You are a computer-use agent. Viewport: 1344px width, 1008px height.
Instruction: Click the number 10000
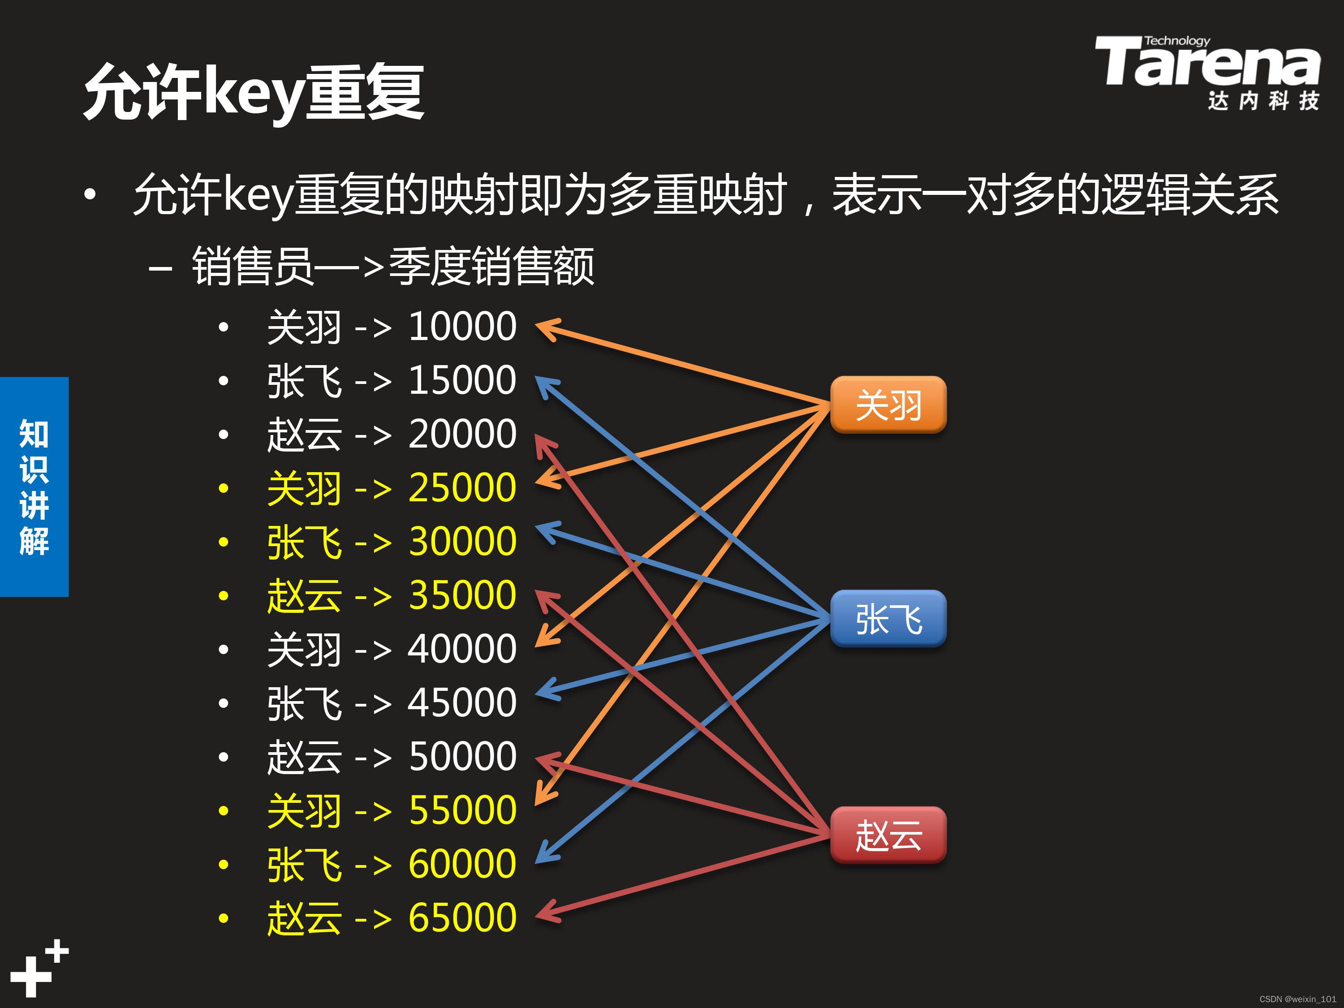point(462,327)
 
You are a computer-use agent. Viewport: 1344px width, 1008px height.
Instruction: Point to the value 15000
point(462,380)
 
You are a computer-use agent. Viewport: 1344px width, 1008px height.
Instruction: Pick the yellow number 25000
point(462,488)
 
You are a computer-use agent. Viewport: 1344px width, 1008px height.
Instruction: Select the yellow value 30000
point(462,541)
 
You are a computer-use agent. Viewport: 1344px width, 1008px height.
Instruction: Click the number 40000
point(462,649)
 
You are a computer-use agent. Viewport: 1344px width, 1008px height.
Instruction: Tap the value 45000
point(462,702)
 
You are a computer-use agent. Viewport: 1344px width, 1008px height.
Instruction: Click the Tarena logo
point(1206,72)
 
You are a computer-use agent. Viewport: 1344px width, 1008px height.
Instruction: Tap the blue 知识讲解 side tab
point(34,486)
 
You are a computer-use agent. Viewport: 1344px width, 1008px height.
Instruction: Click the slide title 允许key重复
point(254,92)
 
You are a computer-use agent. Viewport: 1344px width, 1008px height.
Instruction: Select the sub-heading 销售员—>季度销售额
point(392,266)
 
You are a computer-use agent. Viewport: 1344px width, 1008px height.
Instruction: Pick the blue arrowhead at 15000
point(545,386)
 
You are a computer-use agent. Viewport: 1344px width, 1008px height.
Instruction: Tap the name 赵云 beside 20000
point(304,435)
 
